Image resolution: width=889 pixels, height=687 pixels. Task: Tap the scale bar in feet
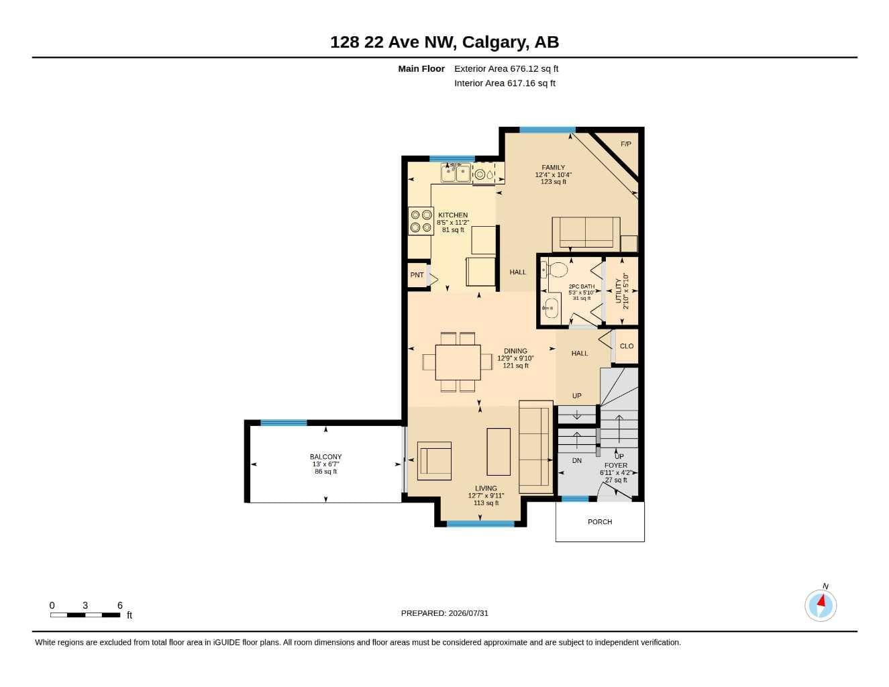85,615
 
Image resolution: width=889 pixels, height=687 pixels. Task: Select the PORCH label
599,522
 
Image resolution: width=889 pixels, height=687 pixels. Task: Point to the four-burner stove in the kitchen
421,221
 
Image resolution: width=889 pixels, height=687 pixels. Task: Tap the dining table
458,362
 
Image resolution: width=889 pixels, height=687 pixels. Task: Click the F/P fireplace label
625,144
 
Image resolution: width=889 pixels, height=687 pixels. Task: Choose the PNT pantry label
417,275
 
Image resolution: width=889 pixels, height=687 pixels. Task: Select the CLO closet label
627,346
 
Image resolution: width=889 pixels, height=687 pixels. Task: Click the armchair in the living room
434,461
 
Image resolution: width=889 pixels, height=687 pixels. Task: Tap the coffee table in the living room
499,452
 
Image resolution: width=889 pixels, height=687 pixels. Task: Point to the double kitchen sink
456,173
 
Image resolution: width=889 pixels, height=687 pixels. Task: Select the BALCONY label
325,456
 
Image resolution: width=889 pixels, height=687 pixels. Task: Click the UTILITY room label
618,290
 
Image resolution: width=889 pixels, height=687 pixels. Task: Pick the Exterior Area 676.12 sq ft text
506,68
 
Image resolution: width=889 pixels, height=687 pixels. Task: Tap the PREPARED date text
444,613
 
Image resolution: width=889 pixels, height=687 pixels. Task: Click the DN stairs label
576,460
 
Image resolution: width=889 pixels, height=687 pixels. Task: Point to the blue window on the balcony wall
284,423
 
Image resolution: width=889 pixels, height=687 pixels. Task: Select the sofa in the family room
586,234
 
